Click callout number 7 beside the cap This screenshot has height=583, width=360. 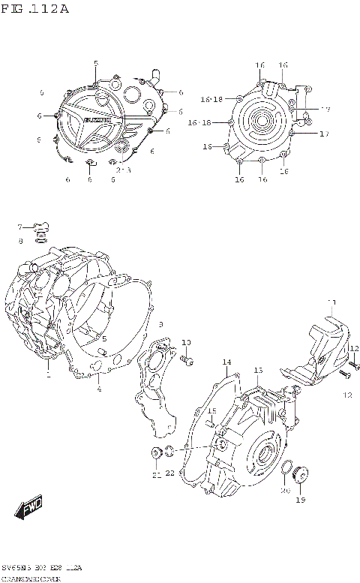click(21, 227)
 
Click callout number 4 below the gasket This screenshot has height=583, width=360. click(98, 388)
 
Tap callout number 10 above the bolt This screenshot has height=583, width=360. click(186, 343)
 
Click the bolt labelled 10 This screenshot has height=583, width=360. click(187, 362)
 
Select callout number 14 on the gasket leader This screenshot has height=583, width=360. click(226, 363)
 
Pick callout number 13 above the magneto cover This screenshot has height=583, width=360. click(257, 371)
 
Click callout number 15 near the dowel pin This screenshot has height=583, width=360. click(212, 410)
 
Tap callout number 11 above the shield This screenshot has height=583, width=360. click(331, 304)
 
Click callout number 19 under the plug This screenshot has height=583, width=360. click(301, 500)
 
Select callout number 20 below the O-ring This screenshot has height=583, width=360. click(285, 491)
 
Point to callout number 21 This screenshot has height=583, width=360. click(156, 476)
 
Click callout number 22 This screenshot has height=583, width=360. click(170, 473)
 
